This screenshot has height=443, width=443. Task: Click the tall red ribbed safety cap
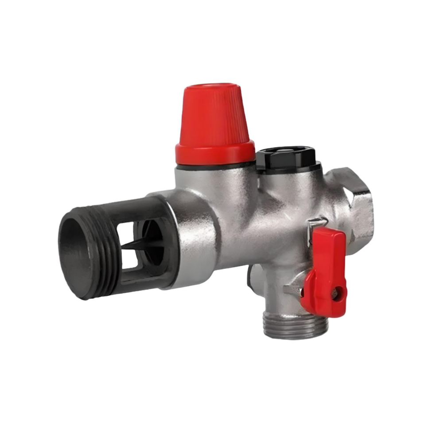click(215, 115)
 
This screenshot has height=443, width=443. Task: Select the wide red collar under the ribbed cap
click(215, 152)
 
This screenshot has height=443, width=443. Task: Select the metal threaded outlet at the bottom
click(295, 326)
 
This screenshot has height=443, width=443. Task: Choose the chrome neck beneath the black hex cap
click(288, 182)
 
